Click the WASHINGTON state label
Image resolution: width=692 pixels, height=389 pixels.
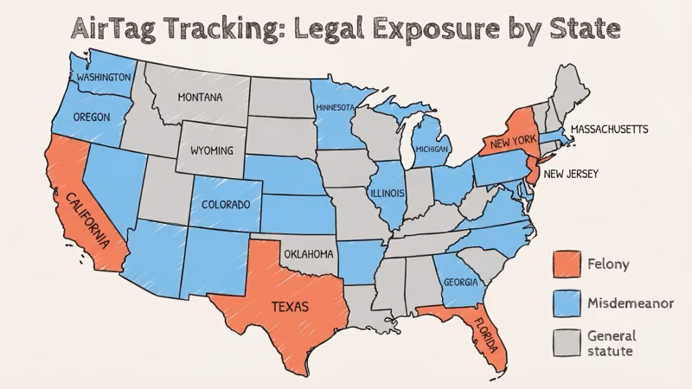click(103, 77)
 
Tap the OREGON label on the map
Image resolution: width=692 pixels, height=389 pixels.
click(91, 116)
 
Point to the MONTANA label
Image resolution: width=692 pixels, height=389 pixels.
click(200, 97)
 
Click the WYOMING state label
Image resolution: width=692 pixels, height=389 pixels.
click(211, 151)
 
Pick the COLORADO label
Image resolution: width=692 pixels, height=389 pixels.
click(226, 205)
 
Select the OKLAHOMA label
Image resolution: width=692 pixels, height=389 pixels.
click(308, 254)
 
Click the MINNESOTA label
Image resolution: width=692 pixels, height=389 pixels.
click(335, 108)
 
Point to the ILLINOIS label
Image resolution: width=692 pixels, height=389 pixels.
click(386, 194)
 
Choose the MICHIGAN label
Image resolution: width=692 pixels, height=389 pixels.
click(432, 150)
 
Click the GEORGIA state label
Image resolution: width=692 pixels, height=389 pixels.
click(460, 282)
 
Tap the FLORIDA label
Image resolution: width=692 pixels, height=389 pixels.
click(486, 338)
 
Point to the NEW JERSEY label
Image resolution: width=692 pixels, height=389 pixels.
click(571, 174)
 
